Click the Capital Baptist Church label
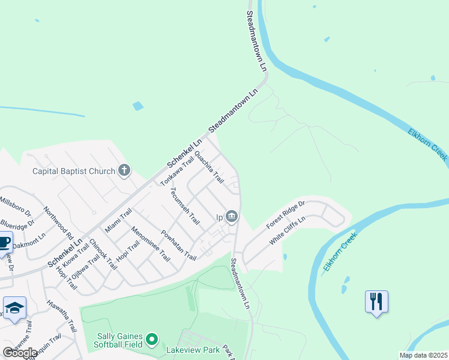point(73,171)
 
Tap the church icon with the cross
point(124,171)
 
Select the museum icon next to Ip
point(232,216)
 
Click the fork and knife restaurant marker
point(376,301)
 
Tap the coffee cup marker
point(4,243)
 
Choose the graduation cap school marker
point(14,309)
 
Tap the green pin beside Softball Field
point(151,340)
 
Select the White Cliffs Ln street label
point(288,230)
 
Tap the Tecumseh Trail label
point(184,206)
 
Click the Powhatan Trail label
point(178,245)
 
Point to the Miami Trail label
point(118,221)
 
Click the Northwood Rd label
point(58,223)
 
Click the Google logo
point(20,352)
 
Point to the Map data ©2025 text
point(423,355)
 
